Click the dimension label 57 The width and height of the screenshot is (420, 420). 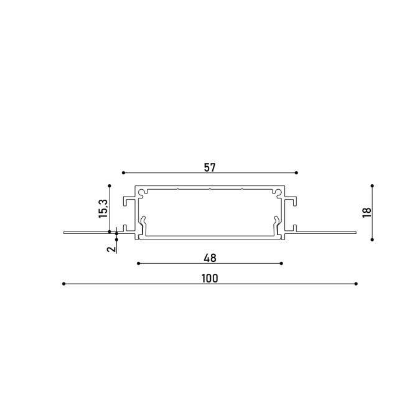pos(210,167)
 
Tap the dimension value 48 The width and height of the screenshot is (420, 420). pos(210,258)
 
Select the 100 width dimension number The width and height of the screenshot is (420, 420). pos(210,279)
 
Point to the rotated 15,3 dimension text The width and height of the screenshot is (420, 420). pos(103,208)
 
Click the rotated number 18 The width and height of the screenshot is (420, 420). pos(366,213)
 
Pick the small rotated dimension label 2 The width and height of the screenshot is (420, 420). pos(111,249)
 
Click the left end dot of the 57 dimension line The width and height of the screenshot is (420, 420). pos(123,173)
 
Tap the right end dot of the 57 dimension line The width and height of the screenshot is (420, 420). pos(296,173)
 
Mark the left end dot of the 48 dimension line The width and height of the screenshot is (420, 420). pos(139,264)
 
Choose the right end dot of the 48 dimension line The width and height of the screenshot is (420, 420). pos(281,264)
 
